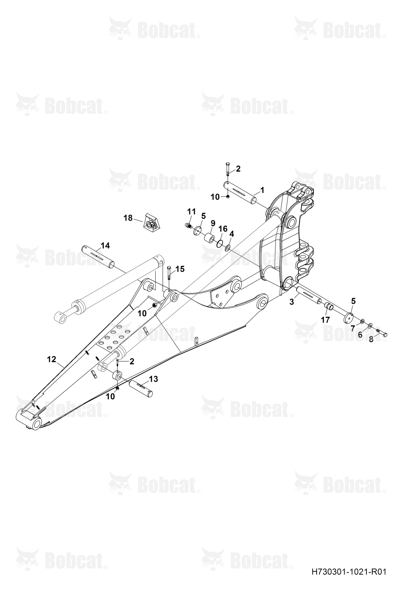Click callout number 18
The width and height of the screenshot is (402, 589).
pos(128,218)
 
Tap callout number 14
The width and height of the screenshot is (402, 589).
pos(105,245)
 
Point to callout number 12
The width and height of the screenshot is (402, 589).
pos(52,359)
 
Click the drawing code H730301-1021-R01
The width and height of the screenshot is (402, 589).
pos(349,572)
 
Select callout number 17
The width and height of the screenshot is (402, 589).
pos(325,320)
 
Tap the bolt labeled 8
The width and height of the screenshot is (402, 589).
pos(381,333)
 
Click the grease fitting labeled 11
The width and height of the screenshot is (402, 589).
pos(188,226)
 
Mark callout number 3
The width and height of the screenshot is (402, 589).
pos(292,302)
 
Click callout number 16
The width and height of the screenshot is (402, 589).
pos(223,229)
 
